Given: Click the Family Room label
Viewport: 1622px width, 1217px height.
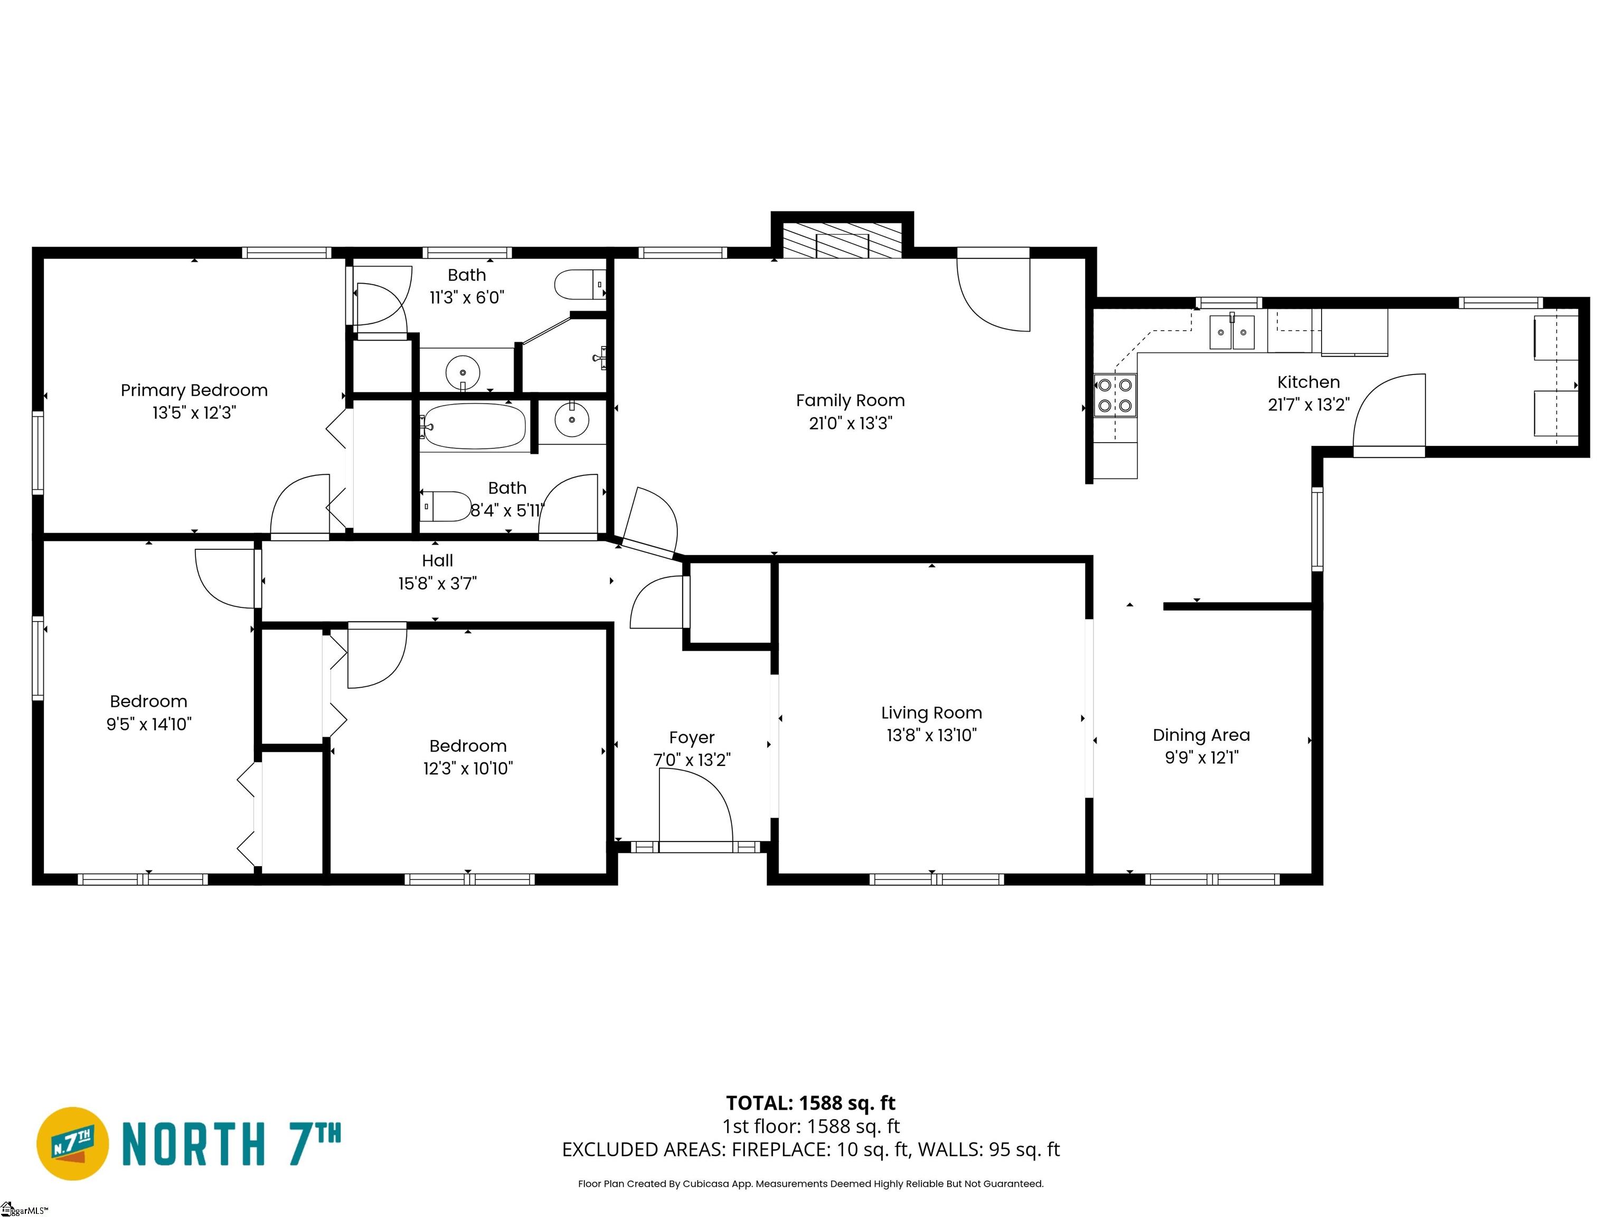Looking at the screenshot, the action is point(850,400).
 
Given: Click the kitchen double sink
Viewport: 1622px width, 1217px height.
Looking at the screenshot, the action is point(1232,332).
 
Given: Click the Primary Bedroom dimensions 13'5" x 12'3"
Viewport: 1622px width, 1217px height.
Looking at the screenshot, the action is point(194,413).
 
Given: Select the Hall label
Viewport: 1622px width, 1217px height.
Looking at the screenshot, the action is point(438,560).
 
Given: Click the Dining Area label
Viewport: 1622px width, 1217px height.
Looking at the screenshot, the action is point(1201,735).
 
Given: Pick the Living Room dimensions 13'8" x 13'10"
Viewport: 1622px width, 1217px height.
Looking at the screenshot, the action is point(931,735).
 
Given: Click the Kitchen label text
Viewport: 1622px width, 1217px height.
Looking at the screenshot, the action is point(1308,382).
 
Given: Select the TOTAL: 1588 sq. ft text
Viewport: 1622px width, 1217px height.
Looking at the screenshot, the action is point(810,1103).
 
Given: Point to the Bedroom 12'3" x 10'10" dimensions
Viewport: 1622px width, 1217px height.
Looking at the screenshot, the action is point(468,768).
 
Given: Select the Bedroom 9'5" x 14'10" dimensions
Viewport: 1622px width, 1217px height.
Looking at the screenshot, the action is point(149,724).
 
